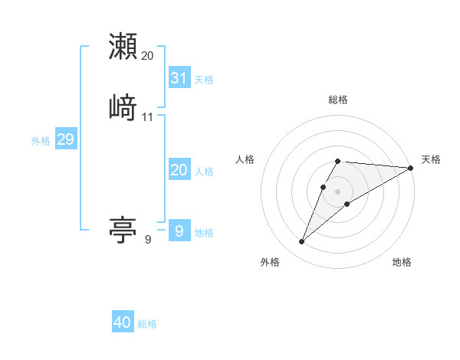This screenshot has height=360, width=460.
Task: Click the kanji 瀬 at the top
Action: [123, 46]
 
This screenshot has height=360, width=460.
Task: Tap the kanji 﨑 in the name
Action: [123, 107]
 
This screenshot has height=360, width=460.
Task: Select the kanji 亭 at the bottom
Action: [123, 229]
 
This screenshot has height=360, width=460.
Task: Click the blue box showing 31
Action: [179, 77]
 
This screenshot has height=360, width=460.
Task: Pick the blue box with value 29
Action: [65, 139]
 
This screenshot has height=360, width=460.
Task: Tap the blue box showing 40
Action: [123, 322]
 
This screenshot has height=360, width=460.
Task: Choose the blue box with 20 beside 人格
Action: [179, 170]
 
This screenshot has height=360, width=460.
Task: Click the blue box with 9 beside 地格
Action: [179, 231]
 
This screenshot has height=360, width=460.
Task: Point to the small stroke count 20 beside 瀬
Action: [147, 56]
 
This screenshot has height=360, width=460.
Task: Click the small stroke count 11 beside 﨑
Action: [147, 117]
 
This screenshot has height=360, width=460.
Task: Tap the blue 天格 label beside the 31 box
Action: [204, 79]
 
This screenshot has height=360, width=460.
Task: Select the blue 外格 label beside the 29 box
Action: [40, 141]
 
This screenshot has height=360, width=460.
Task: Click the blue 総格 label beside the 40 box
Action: [147, 324]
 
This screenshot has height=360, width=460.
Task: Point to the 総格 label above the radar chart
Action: [337, 100]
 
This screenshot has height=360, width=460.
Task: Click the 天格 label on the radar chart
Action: [431, 159]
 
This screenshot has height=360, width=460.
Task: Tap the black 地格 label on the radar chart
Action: [402, 262]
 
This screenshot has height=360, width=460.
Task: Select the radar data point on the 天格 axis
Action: [411, 168]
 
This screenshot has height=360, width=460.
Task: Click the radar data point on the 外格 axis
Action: [301, 242]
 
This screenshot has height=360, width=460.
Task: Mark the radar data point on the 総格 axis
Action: [337, 161]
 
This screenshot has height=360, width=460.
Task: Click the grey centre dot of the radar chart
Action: [337, 191]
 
